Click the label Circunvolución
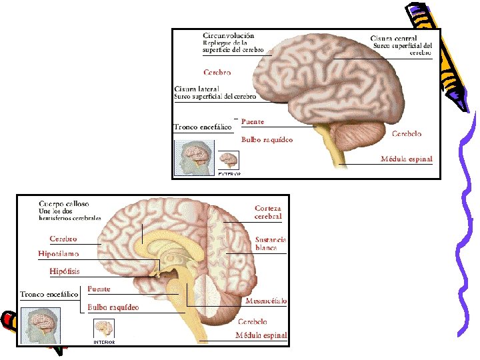[x=228, y=35]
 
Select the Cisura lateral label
[x=197, y=89]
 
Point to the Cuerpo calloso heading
[x=64, y=203]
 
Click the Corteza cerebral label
[x=268, y=212]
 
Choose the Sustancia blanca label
[x=271, y=243]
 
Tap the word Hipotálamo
[x=59, y=254]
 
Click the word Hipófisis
[x=65, y=271]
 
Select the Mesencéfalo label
[x=266, y=301]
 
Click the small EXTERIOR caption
[x=229, y=173]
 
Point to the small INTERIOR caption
[x=103, y=342]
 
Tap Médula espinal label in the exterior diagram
[x=406, y=159]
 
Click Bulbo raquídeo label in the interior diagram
[x=113, y=307]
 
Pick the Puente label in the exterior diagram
[x=253, y=122]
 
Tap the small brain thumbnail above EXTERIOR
[x=229, y=160]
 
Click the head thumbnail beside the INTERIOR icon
[x=40, y=326]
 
